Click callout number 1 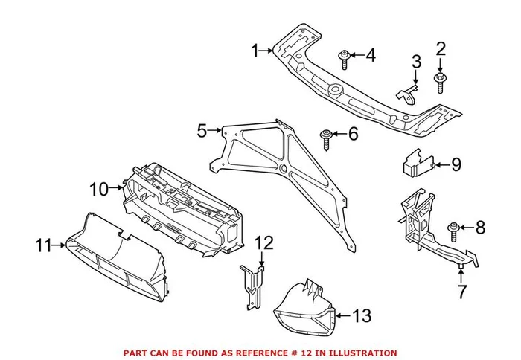pyautogui.click(x=255, y=51)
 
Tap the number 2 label pyautogui.click(x=441, y=49)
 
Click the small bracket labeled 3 pyautogui.click(x=406, y=91)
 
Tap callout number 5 pyautogui.click(x=202, y=131)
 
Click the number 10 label pyautogui.click(x=98, y=190)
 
